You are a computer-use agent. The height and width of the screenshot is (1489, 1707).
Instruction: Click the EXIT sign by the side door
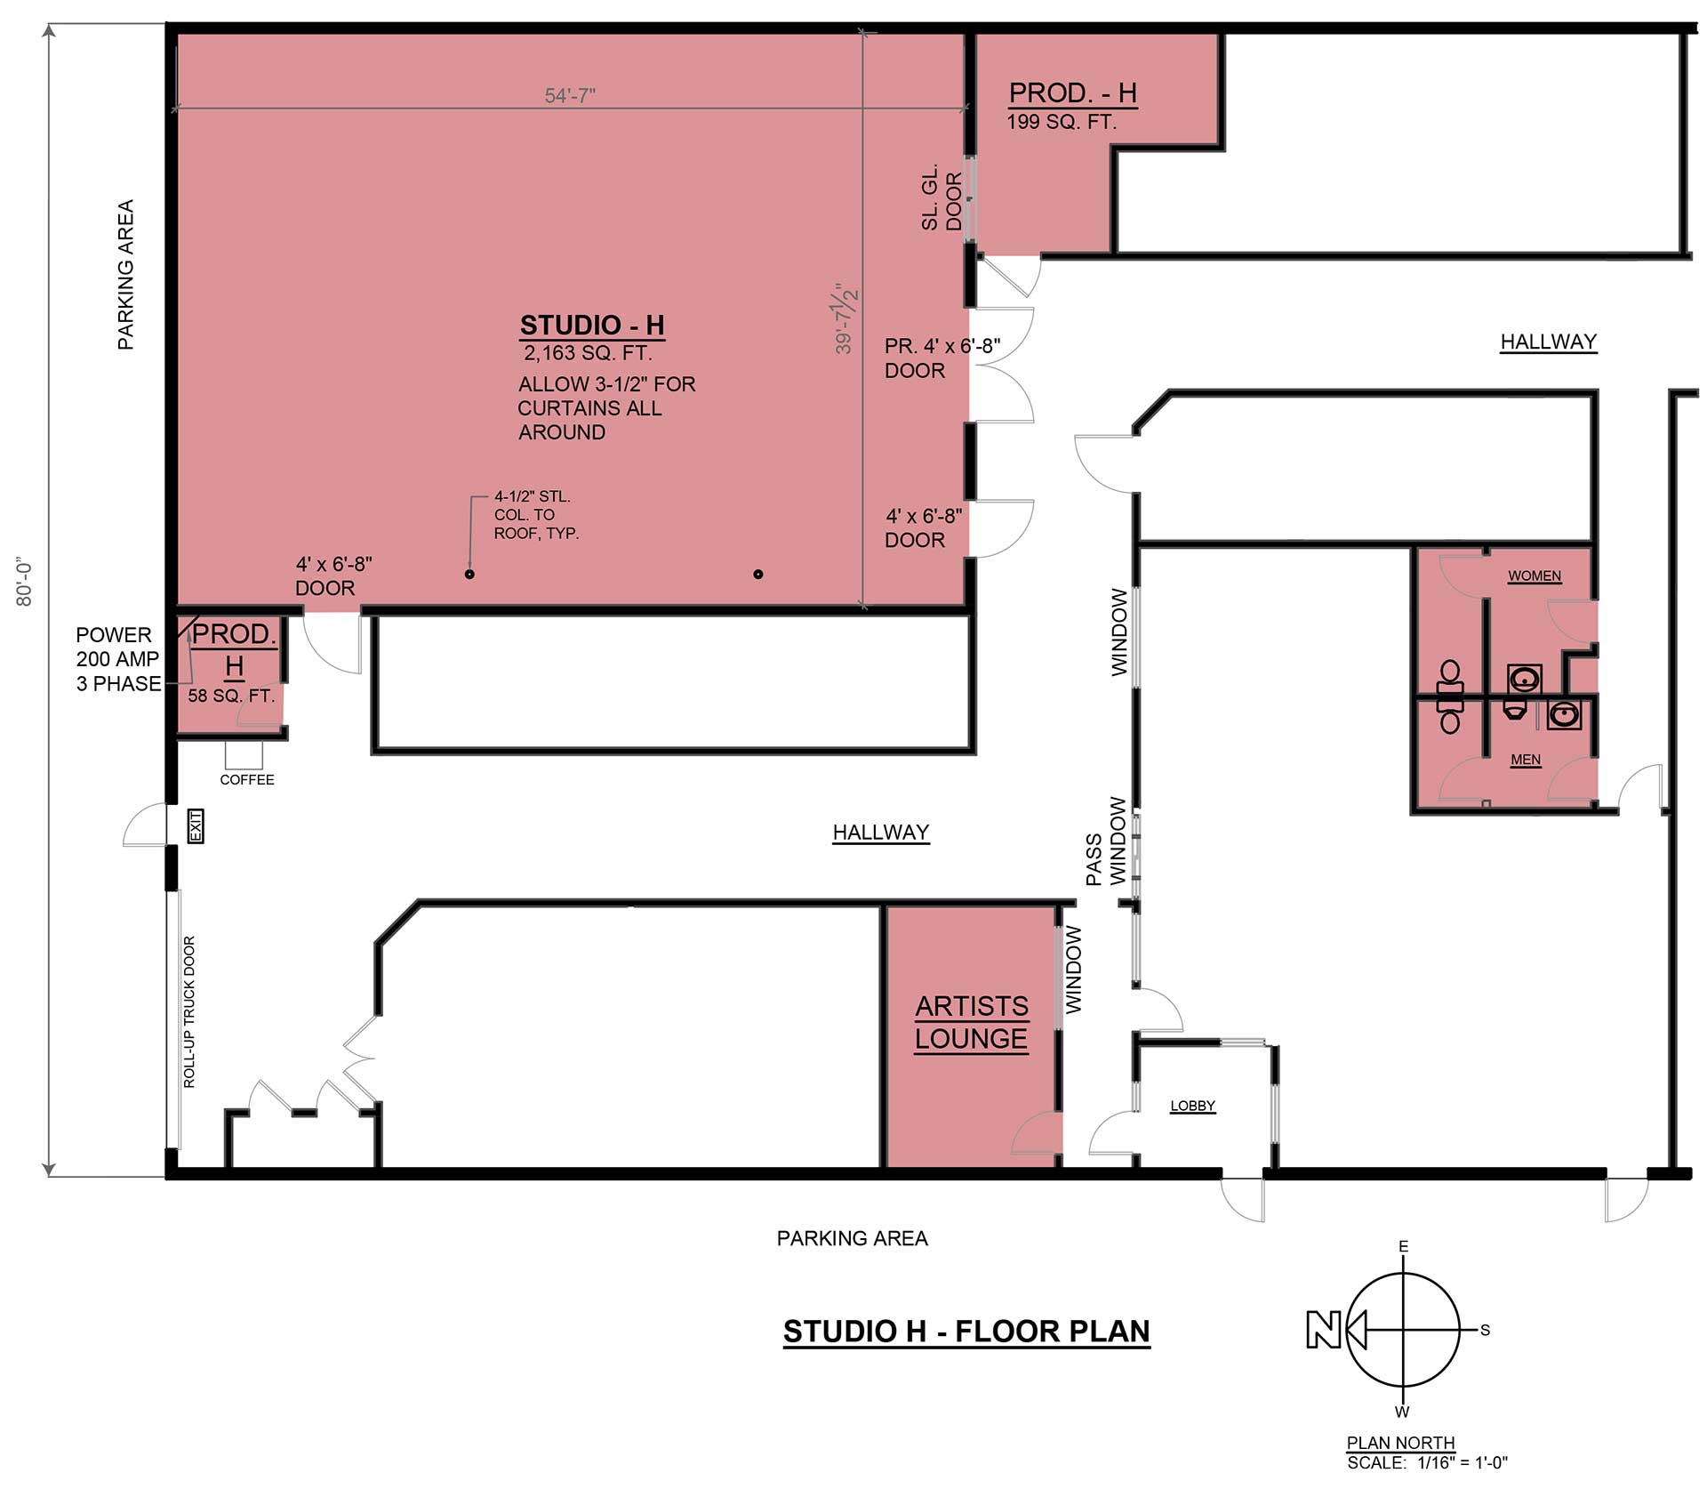point(196,825)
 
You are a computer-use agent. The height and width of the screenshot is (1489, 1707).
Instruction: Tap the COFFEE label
point(247,780)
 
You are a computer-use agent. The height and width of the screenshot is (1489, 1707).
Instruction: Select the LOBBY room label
point(1192,1106)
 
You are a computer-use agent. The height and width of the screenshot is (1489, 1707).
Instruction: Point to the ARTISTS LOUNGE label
point(972,1022)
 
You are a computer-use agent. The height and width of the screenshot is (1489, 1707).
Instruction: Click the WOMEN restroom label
point(1535,575)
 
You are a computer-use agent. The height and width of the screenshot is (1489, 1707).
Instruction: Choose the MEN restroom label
point(1526,760)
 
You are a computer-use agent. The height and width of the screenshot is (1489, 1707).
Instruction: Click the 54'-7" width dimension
point(570,95)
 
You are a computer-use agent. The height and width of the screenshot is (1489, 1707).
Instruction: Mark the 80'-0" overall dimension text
point(25,583)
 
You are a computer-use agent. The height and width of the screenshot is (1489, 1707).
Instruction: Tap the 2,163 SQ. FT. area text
point(588,353)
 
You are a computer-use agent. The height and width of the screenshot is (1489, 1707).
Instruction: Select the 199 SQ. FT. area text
point(1062,122)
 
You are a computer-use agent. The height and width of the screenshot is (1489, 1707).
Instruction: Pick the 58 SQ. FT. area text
point(231,696)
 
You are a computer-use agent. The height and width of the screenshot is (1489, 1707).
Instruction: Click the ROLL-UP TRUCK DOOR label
point(189,1011)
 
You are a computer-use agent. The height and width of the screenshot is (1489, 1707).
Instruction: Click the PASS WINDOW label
point(1106,841)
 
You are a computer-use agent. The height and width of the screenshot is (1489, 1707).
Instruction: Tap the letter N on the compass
point(1323,1330)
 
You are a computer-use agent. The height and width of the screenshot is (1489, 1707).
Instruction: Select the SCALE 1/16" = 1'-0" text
point(1428,1462)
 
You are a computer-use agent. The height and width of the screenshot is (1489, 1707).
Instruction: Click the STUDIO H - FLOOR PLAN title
point(966,1332)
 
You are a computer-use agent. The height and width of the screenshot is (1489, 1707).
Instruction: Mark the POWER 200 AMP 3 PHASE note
point(118,659)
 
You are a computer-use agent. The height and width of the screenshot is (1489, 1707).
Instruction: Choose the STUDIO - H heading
point(592,326)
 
